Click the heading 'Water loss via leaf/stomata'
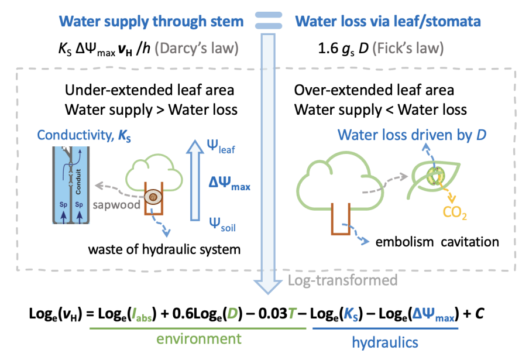point(388,22)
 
